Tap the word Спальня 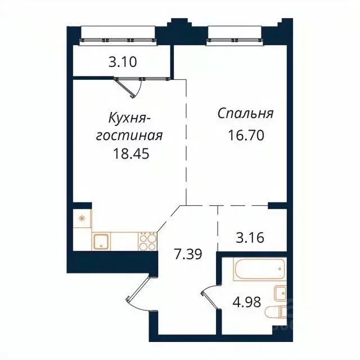pyautogui.click(x=245, y=114)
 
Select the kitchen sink pyautogui.click(x=102, y=241)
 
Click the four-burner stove pyautogui.click(x=147, y=241)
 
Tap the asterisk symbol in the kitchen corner pyautogui.click(x=82, y=218)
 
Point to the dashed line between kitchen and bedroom pyautogui.click(x=186, y=141)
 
